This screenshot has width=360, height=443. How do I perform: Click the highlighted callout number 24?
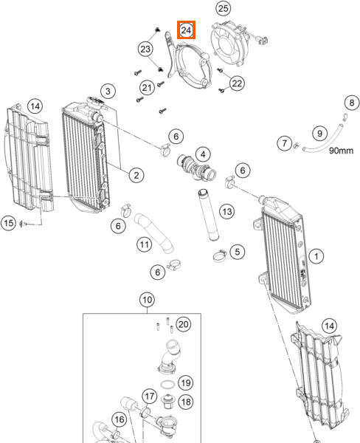coord(186,30)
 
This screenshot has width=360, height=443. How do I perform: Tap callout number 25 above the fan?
coord(223,8)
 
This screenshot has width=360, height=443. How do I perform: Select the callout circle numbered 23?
coord(145,49)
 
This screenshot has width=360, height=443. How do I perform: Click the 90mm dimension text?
coord(341,151)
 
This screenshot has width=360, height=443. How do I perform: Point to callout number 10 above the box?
coord(147,300)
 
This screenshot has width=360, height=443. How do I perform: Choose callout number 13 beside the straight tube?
coord(227,211)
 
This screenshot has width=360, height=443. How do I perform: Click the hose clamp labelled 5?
coord(220,255)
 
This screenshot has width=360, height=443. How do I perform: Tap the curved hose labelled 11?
coord(154,233)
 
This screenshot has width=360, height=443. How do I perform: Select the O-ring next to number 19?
coord(167,385)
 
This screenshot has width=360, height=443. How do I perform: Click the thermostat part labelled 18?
coord(168,402)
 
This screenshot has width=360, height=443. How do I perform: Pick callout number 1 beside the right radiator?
coord(316,256)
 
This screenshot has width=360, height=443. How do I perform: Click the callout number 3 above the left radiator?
coord(108,92)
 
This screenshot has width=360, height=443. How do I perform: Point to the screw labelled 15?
coord(23,224)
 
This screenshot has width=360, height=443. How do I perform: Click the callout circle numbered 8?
coord(352,103)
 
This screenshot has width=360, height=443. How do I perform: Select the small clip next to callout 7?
coord(296,145)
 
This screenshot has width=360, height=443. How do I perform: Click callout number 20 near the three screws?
coord(183,324)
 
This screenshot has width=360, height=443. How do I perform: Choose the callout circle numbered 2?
coord(136,175)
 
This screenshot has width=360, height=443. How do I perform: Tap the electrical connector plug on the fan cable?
coord(263,41)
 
